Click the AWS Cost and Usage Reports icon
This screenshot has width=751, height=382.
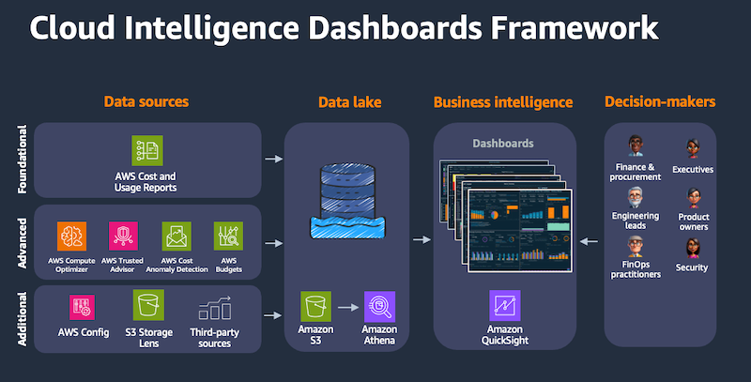tap(147, 151)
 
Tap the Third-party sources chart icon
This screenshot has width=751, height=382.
tap(215, 309)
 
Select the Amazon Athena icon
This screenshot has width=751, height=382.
tap(379, 306)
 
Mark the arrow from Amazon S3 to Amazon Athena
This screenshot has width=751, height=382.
tap(347, 307)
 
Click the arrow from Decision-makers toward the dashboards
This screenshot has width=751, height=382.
tap(588, 242)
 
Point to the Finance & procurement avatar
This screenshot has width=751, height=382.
tap(636, 146)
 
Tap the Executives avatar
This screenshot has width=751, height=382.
tap(694, 148)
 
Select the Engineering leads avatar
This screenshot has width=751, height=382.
tap(636, 199)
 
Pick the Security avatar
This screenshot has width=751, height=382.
tap(692, 247)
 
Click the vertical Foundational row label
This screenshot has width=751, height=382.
tap(22, 159)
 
